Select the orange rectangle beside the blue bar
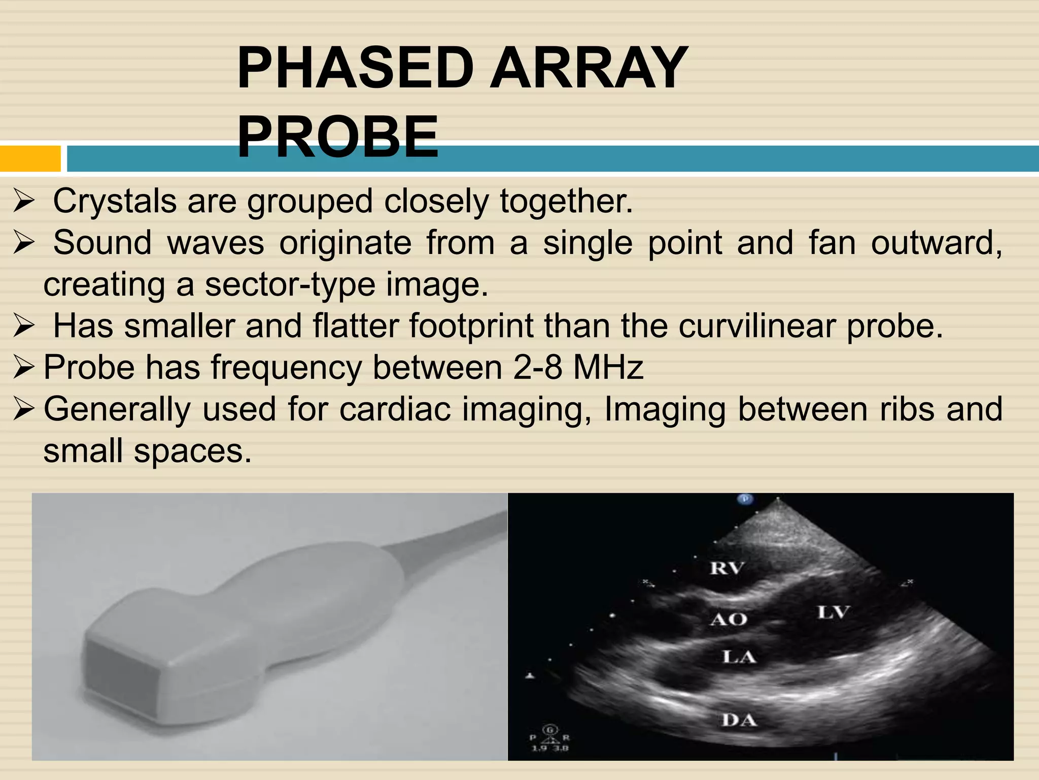point(30,158)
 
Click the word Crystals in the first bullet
point(115,201)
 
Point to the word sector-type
point(290,284)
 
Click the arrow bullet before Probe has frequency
point(24,367)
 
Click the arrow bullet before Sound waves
point(24,243)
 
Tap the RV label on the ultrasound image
point(726,568)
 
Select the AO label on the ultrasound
point(729,619)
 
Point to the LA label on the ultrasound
point(739,657)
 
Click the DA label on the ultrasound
point(739,720)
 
